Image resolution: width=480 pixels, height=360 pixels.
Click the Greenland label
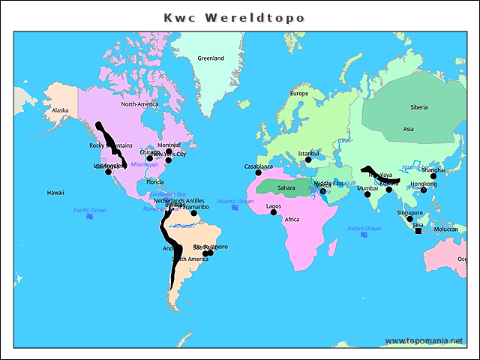(211, 58)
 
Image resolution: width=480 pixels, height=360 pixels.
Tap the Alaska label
(60, 110)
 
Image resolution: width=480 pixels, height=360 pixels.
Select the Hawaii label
(55, 193)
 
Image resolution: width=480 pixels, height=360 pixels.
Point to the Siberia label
(418, 107)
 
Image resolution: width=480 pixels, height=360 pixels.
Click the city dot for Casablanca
(259, 173)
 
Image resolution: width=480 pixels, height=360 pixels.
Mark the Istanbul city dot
(308, 160)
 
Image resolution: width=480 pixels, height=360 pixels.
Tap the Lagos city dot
(274, 212)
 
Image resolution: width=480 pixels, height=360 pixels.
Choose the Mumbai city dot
(367, 195)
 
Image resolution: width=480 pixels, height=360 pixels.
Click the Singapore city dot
(409, 219)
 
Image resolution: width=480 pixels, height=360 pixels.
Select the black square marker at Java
(418, 231)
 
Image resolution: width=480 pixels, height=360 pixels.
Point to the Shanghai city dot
(433, 176)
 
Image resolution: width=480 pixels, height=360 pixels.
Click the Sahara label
(286, 187)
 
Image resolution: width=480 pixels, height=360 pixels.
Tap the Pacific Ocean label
(90, 210)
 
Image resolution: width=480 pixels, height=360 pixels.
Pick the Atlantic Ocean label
(235, 201)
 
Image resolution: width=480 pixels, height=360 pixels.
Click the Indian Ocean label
(364, 228)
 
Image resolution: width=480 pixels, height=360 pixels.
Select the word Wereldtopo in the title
(259, 16)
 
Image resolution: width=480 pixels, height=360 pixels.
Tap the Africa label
(292, 220)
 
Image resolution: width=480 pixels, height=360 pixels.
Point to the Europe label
(299, 94)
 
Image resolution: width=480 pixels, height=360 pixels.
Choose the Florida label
(154, 181)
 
